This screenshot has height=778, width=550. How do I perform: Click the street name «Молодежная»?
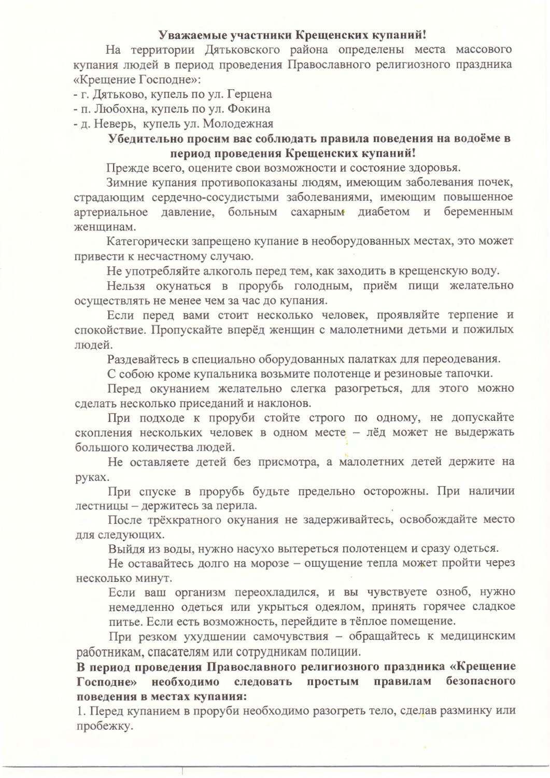click(238, 124)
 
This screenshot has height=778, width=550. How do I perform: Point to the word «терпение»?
click(469, 315)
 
